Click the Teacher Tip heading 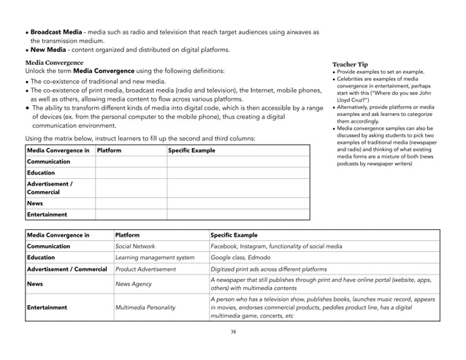point(354,64)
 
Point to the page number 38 point(232,332)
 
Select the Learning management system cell point(154,258)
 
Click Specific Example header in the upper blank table point(191,150)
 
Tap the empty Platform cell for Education point(131,173)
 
